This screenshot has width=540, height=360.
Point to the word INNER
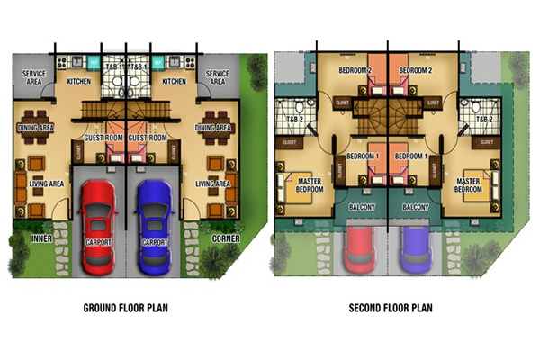[x=41, y=239]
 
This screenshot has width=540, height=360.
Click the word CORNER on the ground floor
[x=225, y=239]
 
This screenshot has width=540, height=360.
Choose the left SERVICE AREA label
[x=35, y=77]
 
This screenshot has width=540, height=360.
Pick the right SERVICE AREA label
[x=217, y=77]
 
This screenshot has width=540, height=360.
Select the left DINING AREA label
[x=35, y=129]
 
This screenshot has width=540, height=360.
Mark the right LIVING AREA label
[x=213, y=184]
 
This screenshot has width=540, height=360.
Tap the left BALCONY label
[x=363, y=206]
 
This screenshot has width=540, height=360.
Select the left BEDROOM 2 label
[x=356, y=70]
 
